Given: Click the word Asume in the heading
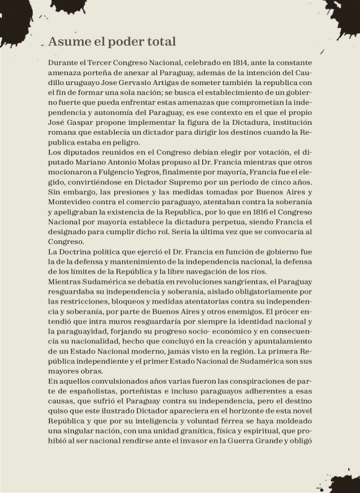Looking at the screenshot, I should [x=67, y=42].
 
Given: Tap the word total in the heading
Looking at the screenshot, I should [x=161, y=42].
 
